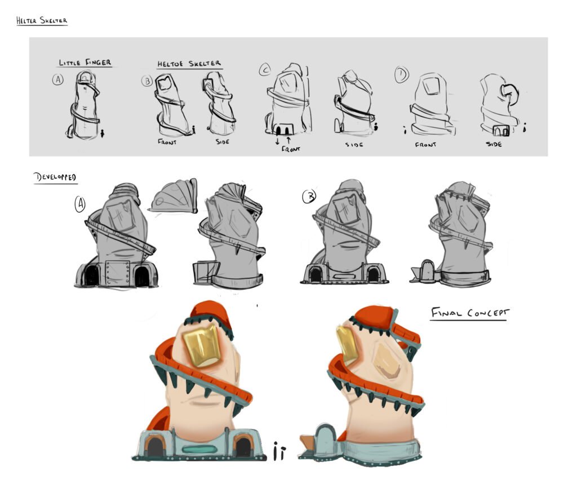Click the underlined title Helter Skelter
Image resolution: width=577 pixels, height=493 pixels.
click(x=42, y=21)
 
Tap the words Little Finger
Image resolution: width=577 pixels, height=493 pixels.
click(x=85, y=63)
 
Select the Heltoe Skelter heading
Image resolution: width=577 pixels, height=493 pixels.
click(x=189, y=64)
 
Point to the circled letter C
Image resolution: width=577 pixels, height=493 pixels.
click(x=265, y=69)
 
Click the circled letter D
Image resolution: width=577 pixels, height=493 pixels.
click(x=401, y=74)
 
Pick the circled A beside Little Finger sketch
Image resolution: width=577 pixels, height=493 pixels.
click(x=57, y=79)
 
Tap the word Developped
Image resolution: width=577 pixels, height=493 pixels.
click(x=55, y=177)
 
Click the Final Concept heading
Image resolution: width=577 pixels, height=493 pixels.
click(x=470, y=313)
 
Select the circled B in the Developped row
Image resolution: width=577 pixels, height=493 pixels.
click(x=309, y=197)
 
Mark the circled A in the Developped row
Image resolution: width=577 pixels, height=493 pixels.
click(x=80, y=204)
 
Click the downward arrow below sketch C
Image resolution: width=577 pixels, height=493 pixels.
click(x=277, y=141)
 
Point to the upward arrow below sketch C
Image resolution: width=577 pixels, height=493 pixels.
click(x=288, y=140)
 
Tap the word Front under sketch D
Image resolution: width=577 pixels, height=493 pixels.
click(x=425, y=145)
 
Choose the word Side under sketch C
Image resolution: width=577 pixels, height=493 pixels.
click(x=354, y=145)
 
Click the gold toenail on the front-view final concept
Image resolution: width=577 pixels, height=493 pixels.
click(x=202, y=346)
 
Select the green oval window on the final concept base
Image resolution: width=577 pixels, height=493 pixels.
click(x=200, y=450)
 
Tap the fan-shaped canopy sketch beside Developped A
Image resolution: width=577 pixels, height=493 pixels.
click(x=173, y=196)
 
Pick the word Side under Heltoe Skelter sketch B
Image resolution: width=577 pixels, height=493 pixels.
click(x=223, y=141)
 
